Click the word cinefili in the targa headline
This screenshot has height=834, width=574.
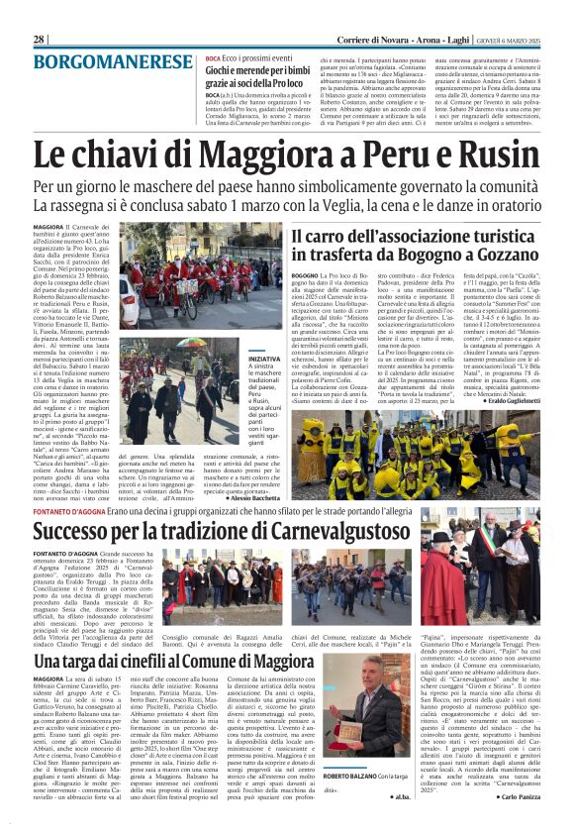click(151, 632)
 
